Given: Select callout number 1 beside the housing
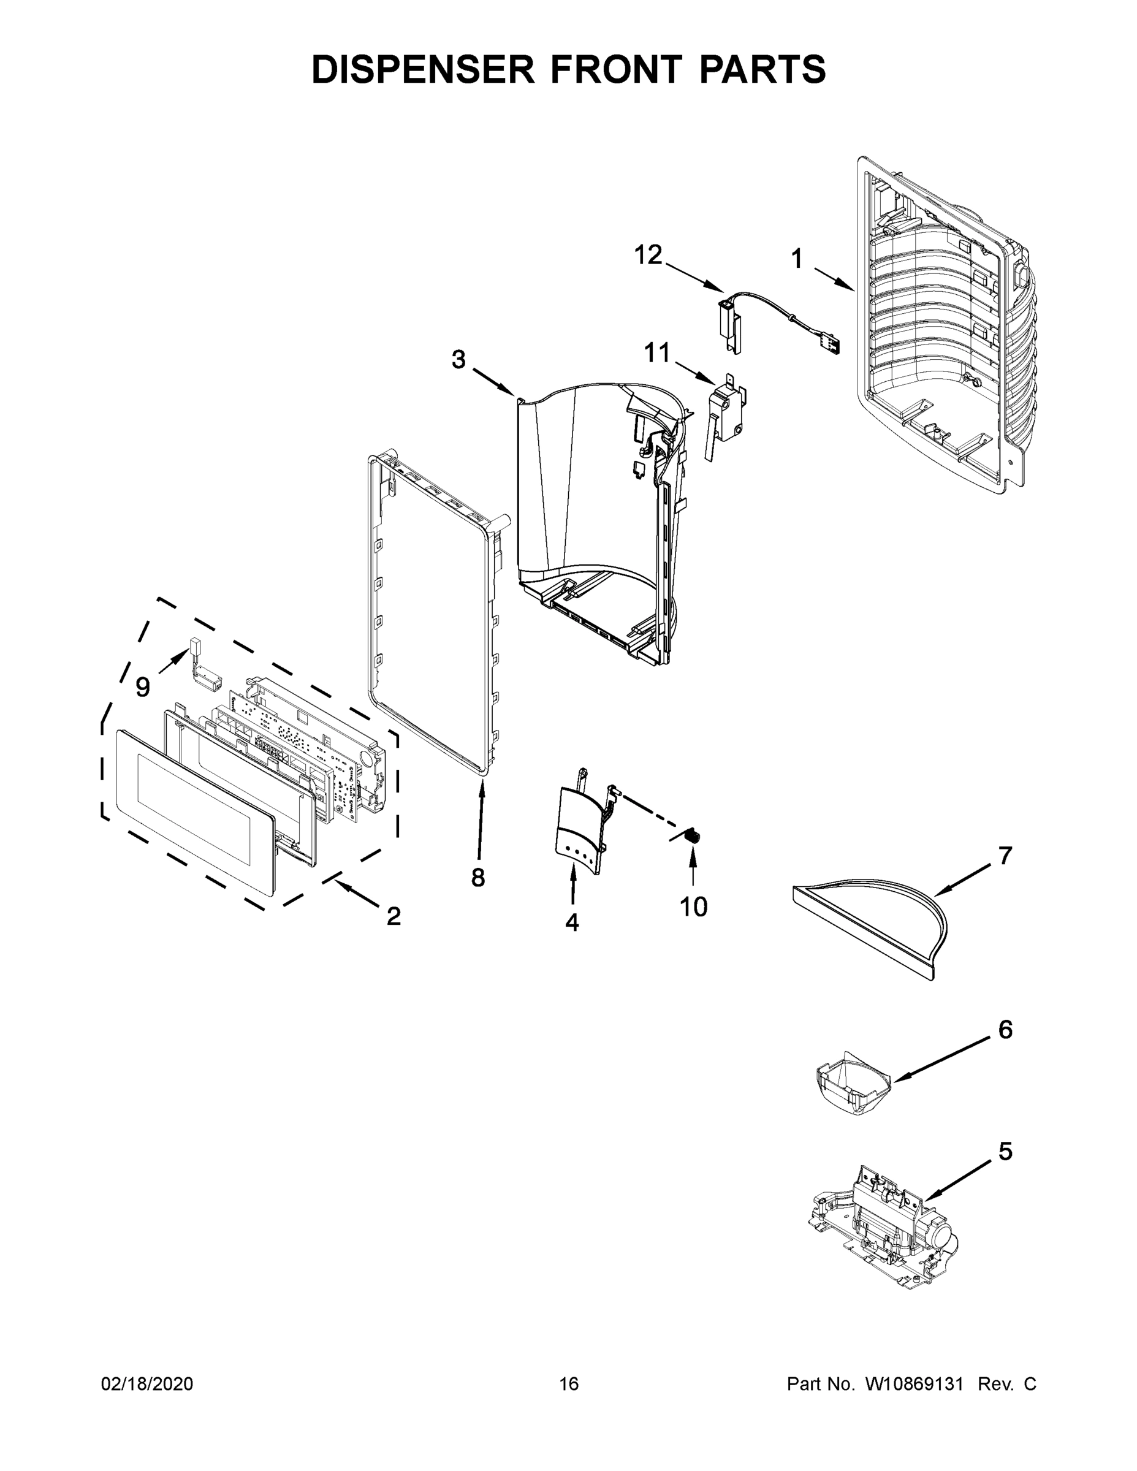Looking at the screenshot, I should pos(797,259).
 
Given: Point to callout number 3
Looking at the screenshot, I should pos(458,360).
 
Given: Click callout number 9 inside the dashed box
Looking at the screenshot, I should pos(143,687).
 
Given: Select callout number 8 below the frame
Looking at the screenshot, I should pos(477,878).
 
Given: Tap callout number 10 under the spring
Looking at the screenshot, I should pos(693,907).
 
